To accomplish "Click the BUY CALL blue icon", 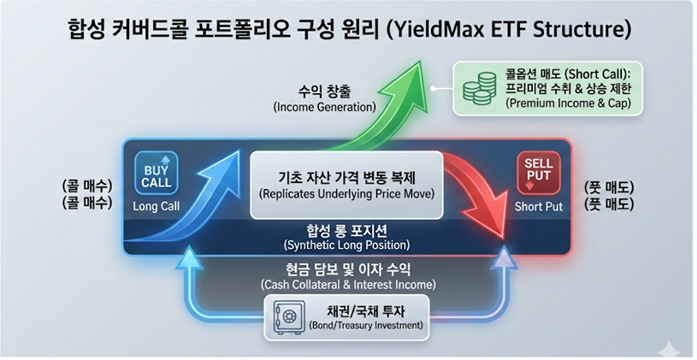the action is [x=156, y=173].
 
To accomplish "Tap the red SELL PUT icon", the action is [x=538, y=173].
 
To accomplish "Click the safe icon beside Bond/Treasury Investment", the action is [x=288, y=317].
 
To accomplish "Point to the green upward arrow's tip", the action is [x=419, y=62].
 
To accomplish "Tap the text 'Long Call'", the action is [x=156, y=206].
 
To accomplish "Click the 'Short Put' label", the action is [x=538, y=207].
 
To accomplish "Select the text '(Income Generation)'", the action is [x=324, y=107].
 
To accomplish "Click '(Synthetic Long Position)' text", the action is [x=346, y=245].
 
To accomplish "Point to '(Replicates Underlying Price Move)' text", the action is [x=346, y=194].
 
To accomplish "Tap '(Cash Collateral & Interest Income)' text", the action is [x=348, y=285].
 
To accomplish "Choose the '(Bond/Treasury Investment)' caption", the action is [x=366, y=325].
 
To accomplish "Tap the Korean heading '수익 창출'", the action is [x=324, y=91].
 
